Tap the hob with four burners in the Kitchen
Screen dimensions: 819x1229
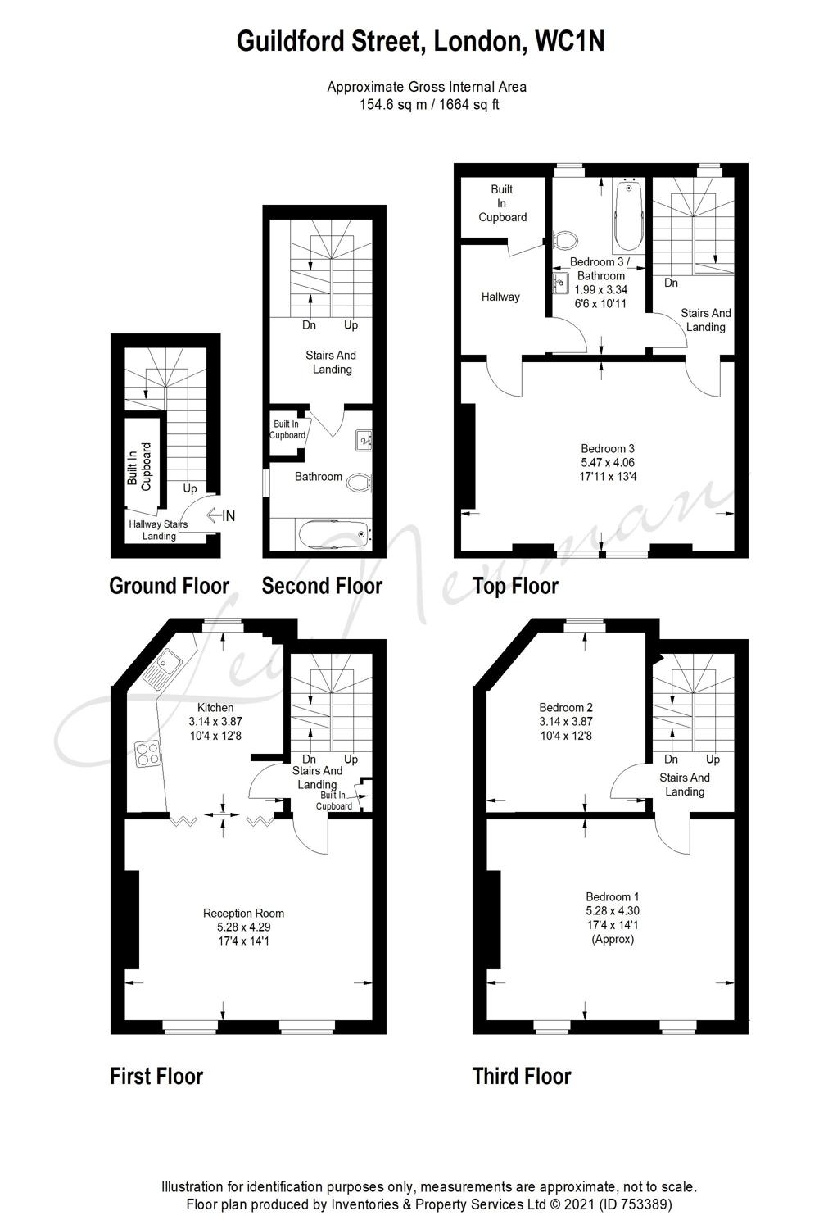point(147,754)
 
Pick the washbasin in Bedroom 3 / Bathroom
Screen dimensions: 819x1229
point(560,283)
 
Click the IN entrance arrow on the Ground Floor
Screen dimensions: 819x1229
point(220,515)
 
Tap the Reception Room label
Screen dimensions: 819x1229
point(243,913)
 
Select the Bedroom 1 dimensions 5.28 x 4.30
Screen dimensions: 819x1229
point(612,911)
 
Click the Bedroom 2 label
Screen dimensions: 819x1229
point(566,707)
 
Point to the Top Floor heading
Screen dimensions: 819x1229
point(516,586)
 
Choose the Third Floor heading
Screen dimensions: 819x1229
point(522,1076)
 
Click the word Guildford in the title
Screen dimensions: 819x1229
point(290,41)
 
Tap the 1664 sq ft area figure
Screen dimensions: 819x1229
point(469,104)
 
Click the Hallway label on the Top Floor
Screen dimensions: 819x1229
point(500,297)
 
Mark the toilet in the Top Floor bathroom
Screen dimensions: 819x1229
point(566,240)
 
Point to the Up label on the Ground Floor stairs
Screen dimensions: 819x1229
point(190,488)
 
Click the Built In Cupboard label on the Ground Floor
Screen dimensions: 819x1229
point(138,466)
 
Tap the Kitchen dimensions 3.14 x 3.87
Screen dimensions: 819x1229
point(215,722)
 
